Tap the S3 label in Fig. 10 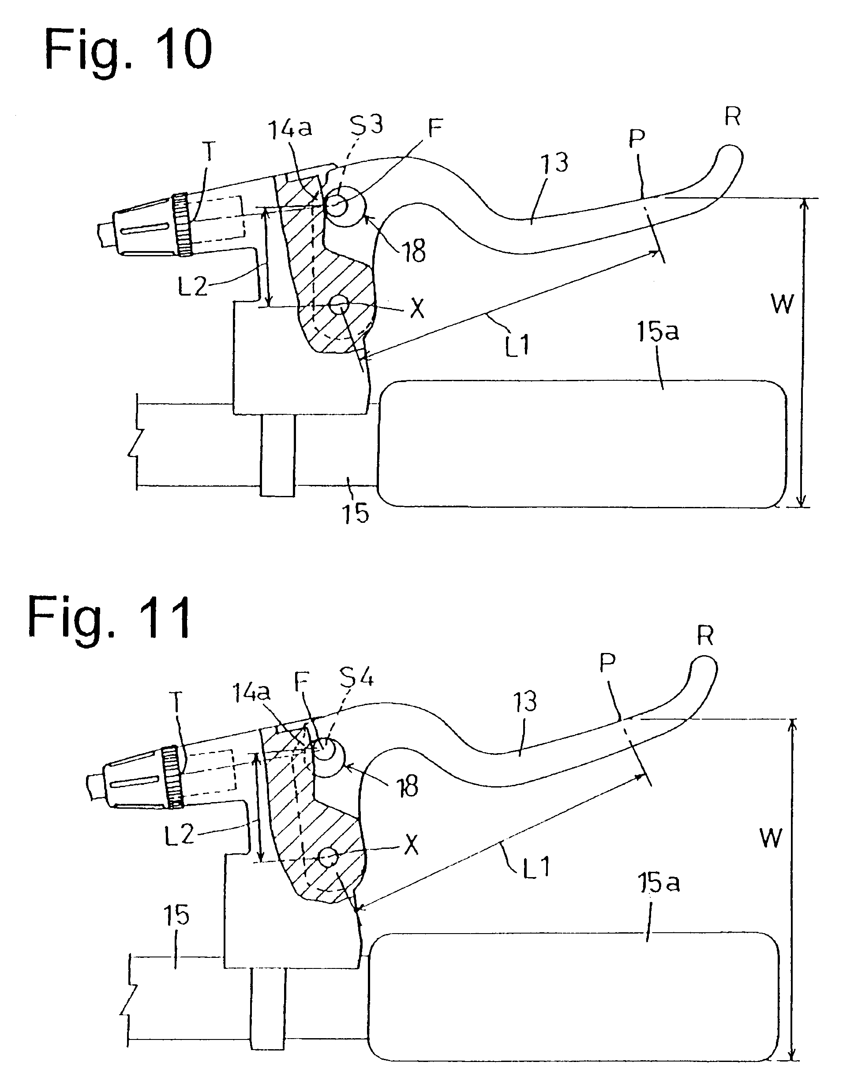coord(366,125)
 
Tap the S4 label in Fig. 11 coord(356,679)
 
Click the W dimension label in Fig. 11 coord(771,837)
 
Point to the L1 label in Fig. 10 coord(517,345)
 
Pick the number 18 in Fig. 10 coord(413,251)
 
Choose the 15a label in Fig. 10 coord(658,331)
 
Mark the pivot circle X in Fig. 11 coord(328,858)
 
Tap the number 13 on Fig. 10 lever coord(555,162)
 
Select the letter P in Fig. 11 coord(607,663)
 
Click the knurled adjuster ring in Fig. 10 coord(181,225)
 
